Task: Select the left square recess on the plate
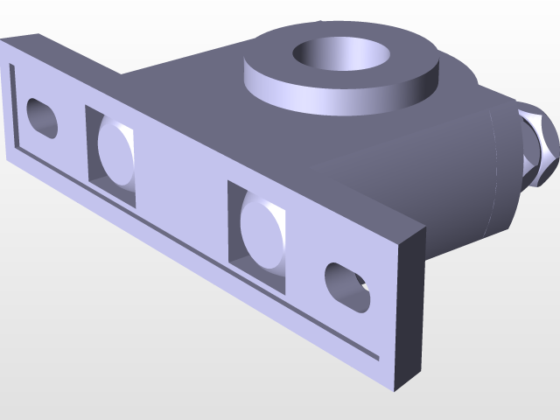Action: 111,156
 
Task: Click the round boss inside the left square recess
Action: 117,156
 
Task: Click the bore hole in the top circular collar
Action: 341,54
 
